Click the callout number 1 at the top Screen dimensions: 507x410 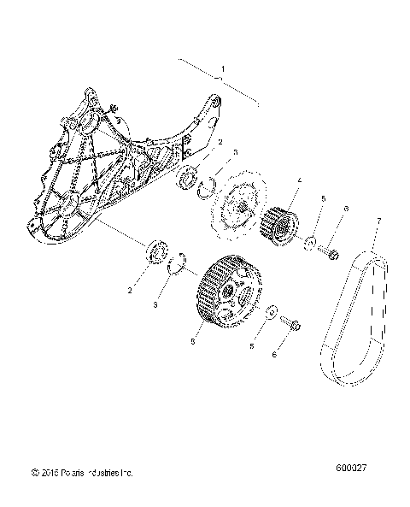point(223,68)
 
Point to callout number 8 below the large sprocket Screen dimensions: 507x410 point(196,340)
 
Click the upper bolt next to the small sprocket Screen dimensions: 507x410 point(331,251)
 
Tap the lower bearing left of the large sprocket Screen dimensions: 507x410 point(156,254)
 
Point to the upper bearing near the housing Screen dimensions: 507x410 point(188,180)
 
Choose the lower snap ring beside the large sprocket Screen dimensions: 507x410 point(178,263)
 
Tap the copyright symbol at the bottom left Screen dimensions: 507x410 point(32,471)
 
